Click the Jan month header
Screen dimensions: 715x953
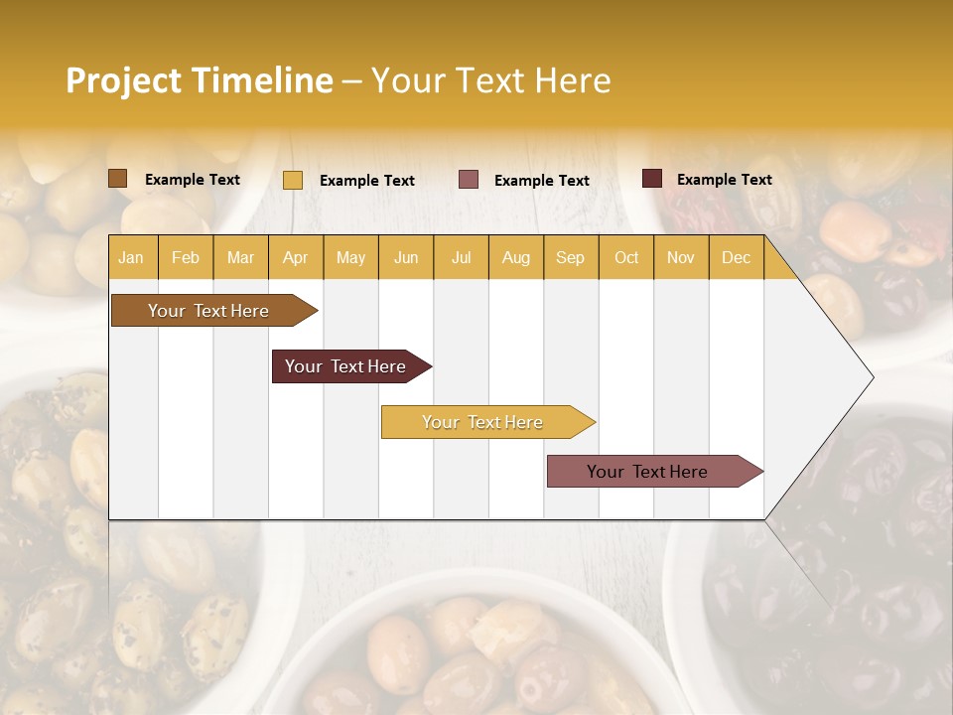tap(131, 257)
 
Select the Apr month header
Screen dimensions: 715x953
tap(295, 257)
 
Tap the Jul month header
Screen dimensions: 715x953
tap(461, 257)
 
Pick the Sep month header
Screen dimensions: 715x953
tap(570, 257)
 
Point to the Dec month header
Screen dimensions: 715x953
tap(736, 257)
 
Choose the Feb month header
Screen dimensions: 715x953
tap(186, 257)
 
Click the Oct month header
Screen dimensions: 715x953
tap(626, 257)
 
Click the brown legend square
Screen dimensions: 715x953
tap(118, 179)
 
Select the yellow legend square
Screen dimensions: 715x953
tap(293, 180)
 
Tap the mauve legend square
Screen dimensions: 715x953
tap(469, 180)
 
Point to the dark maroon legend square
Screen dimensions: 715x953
tap(652, 179)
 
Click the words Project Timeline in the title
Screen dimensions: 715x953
tap(199, 80)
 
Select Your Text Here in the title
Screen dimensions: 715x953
tap(490, 80)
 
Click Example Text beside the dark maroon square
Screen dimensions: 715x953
tap(724, 180)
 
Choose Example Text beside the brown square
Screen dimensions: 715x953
tap(193, 180)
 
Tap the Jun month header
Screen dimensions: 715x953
tap(406, 257)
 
